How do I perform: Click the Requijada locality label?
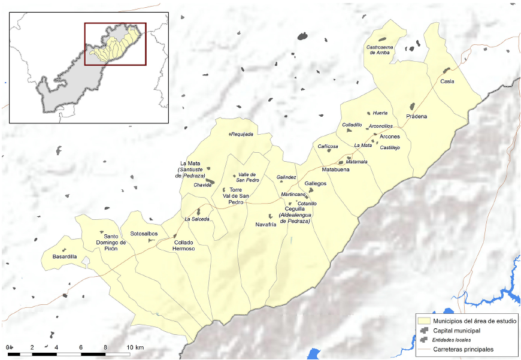pyautogui.click(x=242, y=134)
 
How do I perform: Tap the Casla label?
pyautogui.click(x=447, y=81)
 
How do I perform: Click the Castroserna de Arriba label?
pyautogui.click(x=378, y=50)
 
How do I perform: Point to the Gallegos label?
pyautogui.click(x=316, y=183)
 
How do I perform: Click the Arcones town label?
pyautogui.click(x=390, y=137)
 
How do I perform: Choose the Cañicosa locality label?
pyautogui.click(x=328, y=146)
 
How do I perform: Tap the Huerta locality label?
pyautogui.click(x=380, y=113)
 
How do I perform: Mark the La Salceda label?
pyautogui.click(x=197, y=219)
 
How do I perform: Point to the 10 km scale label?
pyautogui.click(x=135, y=347)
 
